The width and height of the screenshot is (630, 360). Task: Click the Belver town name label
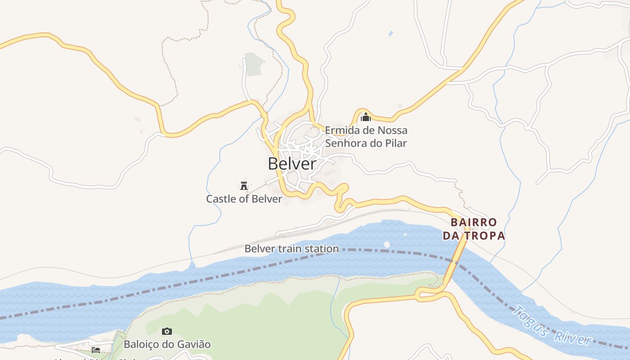point(292,164)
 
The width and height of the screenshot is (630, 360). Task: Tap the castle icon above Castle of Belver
point(244,185)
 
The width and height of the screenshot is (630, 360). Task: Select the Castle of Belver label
point(244,198)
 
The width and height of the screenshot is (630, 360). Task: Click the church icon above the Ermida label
point(366,117)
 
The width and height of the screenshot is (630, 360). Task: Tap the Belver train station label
point(292,248)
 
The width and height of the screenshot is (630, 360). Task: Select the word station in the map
point(321,248)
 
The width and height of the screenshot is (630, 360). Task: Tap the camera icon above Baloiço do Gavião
point(167,332)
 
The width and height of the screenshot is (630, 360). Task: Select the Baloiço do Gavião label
point(167,345)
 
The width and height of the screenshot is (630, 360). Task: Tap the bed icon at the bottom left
point(96,350)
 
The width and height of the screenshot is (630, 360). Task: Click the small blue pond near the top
point(390,33)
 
